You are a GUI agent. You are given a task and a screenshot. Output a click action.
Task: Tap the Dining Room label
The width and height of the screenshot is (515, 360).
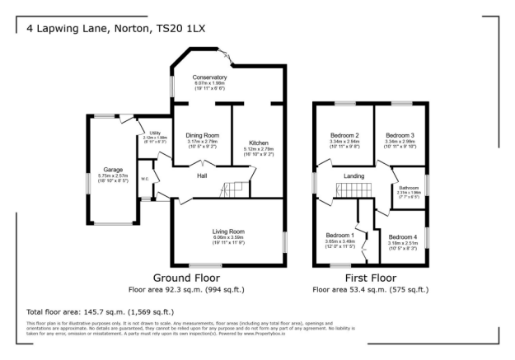click(202, 134)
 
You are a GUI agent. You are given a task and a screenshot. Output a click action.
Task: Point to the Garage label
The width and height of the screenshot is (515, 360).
click(113, 170)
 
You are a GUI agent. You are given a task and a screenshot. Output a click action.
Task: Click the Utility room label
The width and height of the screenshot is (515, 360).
click(154, 133)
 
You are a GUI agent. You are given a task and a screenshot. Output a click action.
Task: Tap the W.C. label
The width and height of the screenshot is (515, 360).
click(145, 178)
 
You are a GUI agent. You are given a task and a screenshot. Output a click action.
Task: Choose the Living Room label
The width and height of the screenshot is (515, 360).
click(226, 231)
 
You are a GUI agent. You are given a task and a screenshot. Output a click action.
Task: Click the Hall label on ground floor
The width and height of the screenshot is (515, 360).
click(201, 175)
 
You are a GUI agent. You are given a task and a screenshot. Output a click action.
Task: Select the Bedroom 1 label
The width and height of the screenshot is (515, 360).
click(339, 234)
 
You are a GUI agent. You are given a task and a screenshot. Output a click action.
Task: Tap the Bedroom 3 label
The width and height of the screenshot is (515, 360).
click(400, 134)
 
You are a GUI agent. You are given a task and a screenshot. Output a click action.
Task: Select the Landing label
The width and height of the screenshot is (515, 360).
click(354, 175)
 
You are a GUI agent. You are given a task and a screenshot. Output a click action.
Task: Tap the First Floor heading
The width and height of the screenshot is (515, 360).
click(370, 278)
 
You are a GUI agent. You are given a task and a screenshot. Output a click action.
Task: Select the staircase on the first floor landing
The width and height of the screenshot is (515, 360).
click(346, 192)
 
